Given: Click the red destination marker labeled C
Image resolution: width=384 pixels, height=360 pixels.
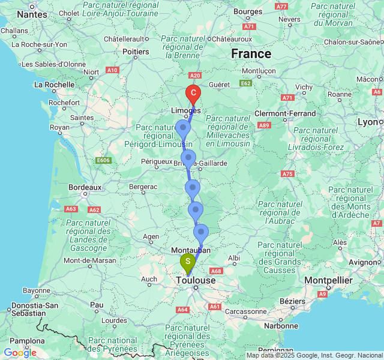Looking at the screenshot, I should click(x=193, y=93).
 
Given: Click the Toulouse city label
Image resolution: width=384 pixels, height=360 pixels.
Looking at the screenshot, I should click(x=196, y=280).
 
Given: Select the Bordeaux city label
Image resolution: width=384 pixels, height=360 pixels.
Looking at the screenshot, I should click(x=84, y=187).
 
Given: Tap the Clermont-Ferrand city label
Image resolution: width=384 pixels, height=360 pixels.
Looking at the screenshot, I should click(x=285, y=113).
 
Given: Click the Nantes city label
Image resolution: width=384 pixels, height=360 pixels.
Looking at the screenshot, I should click(x=32, y=14).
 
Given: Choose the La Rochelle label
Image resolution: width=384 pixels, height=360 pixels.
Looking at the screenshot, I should click(x=54, y=85).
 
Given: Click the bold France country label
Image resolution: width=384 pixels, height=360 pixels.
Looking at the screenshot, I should click(x=251, y=53).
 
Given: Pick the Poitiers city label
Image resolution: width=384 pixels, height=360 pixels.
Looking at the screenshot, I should click(x=136, y=52).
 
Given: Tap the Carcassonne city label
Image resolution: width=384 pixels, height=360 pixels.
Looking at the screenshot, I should click(x=245, y=313).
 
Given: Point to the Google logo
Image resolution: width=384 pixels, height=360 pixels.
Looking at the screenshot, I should click(x=20, y=353).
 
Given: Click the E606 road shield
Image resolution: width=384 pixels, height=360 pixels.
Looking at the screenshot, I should click(x=103, y=160).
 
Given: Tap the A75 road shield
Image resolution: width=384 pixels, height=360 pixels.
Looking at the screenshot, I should click(x=287, y=174).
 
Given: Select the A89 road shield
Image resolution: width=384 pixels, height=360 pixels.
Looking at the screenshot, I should click(x=265, y=125).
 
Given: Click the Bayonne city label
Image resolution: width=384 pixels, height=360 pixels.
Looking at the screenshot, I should click(x=37, y=290).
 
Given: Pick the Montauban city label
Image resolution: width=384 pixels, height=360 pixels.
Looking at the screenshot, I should click(x=191, y=250).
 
